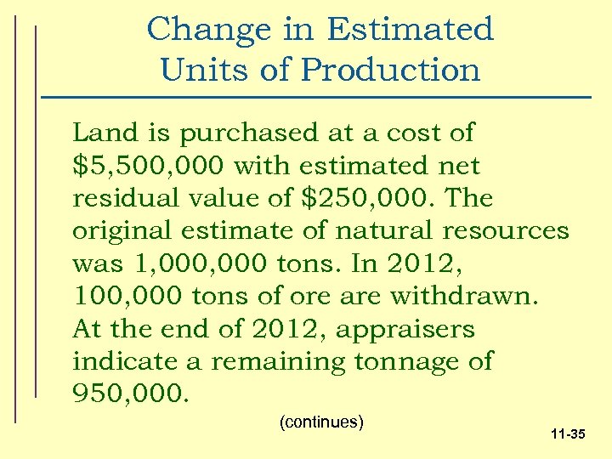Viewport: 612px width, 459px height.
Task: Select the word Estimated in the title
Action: [409, 30]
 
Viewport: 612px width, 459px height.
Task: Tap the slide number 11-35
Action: [567, 434]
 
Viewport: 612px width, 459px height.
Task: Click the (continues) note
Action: [321, 422]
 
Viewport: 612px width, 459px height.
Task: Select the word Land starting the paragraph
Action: [100, 133]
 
